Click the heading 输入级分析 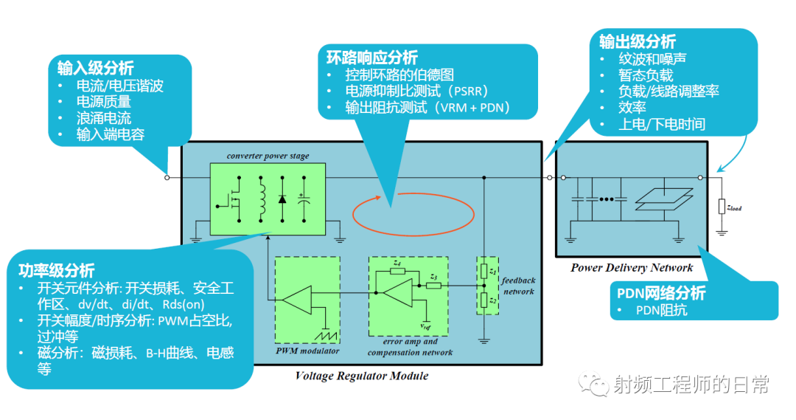click(96, 69)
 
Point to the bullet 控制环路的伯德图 click(399, 75)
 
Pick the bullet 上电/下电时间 click(661, 124)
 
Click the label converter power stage click(268, 156)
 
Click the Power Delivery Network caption click(632, 267)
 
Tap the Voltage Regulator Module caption click(361, 376)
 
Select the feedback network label click(518, 286)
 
